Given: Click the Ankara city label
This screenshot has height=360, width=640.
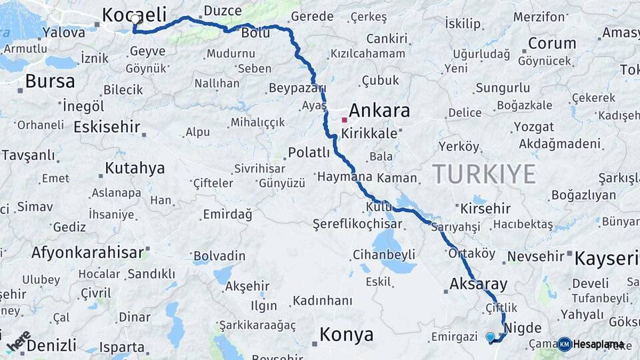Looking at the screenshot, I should point(379,110).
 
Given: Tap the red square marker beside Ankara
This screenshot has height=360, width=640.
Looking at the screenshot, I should point(344,121).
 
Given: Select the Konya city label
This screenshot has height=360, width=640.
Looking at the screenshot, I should point(346,335).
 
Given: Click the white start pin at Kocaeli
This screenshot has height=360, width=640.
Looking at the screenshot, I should point(135,19).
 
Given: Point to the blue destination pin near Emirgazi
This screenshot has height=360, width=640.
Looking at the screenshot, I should point(491,337).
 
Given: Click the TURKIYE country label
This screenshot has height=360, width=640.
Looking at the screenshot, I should point(484,174).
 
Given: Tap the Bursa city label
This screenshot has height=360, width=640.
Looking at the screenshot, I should point(50,81).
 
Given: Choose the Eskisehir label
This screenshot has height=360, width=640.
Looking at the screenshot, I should point(107,127).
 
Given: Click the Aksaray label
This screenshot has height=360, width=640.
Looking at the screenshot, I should point(479,283).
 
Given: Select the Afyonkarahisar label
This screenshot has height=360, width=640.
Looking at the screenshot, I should point(87,253).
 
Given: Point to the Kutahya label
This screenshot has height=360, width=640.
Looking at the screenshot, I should point(135,168).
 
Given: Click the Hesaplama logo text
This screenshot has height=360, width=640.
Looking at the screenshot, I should point(598,345).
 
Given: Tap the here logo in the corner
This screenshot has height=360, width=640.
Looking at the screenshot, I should point(19,341).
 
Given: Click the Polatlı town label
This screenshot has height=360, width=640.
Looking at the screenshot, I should point(309,153).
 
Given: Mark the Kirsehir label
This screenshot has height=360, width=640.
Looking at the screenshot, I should point(485,209).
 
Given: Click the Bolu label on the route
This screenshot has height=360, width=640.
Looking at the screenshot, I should point(255,33).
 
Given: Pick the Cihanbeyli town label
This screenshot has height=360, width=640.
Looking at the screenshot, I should point(383,255).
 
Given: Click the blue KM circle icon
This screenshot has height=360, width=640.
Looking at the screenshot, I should point(564,345).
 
